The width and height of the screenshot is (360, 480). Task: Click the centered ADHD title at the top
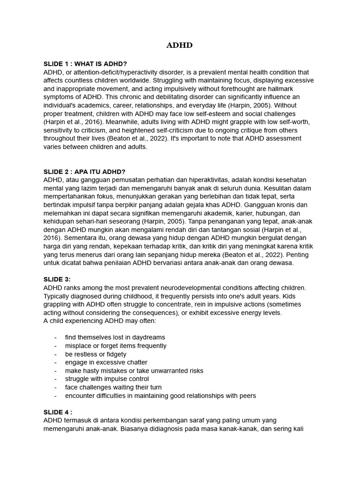click(x=180, y=45)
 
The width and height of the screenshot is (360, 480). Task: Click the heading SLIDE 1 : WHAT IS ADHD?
click(x=85, y=64)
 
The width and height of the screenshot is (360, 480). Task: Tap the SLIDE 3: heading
click(x=57, y=279)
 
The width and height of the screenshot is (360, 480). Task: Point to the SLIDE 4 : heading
click(x=58, y=412)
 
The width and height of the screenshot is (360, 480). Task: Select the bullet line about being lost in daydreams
click(x=115, y=337)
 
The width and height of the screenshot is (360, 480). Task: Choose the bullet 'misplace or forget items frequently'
click(x=116, y=346)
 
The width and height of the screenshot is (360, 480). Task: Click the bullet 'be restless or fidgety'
click(x=96, y=354)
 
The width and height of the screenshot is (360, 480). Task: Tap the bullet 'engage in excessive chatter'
click(x=106, y=362)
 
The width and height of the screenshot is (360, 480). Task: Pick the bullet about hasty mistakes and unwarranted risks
click(x=134, y=371)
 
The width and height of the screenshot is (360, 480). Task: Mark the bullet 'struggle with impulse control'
click(x=107, y=379)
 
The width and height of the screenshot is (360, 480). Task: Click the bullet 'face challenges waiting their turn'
click(x=113, y=387)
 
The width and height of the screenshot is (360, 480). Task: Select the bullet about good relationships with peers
click(x=160, y=396)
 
